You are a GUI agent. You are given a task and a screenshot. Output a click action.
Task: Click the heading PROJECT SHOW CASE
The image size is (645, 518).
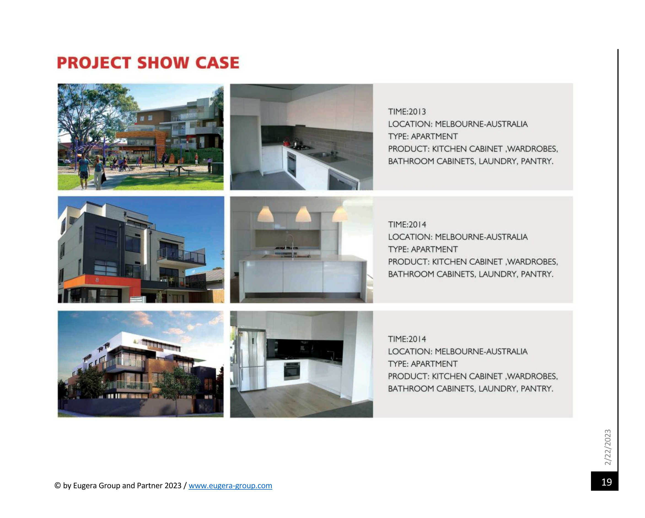click(148, 63)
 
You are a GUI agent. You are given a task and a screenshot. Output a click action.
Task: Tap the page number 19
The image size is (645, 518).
click(606, 482)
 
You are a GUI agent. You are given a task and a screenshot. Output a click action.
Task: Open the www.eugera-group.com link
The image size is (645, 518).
click(230, 485)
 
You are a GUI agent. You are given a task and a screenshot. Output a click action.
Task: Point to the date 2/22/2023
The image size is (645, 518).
click(608, 447)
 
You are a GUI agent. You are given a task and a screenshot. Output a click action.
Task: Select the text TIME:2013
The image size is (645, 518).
click(407, 112)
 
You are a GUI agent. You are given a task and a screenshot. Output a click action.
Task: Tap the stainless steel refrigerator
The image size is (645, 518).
click(252, 360)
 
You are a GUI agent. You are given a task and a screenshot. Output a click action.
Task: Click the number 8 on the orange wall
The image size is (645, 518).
click(97, 280)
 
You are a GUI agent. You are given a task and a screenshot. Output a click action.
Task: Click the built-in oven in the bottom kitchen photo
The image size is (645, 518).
click(292, 371)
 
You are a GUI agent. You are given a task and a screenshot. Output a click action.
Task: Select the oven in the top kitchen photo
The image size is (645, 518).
click(292, 164)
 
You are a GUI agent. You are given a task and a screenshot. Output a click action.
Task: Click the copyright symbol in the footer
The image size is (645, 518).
click(57, 485)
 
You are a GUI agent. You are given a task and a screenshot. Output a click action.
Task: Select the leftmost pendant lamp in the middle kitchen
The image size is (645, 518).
click(265, 214)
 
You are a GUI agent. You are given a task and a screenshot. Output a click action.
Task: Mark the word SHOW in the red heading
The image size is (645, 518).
click(163, 63)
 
